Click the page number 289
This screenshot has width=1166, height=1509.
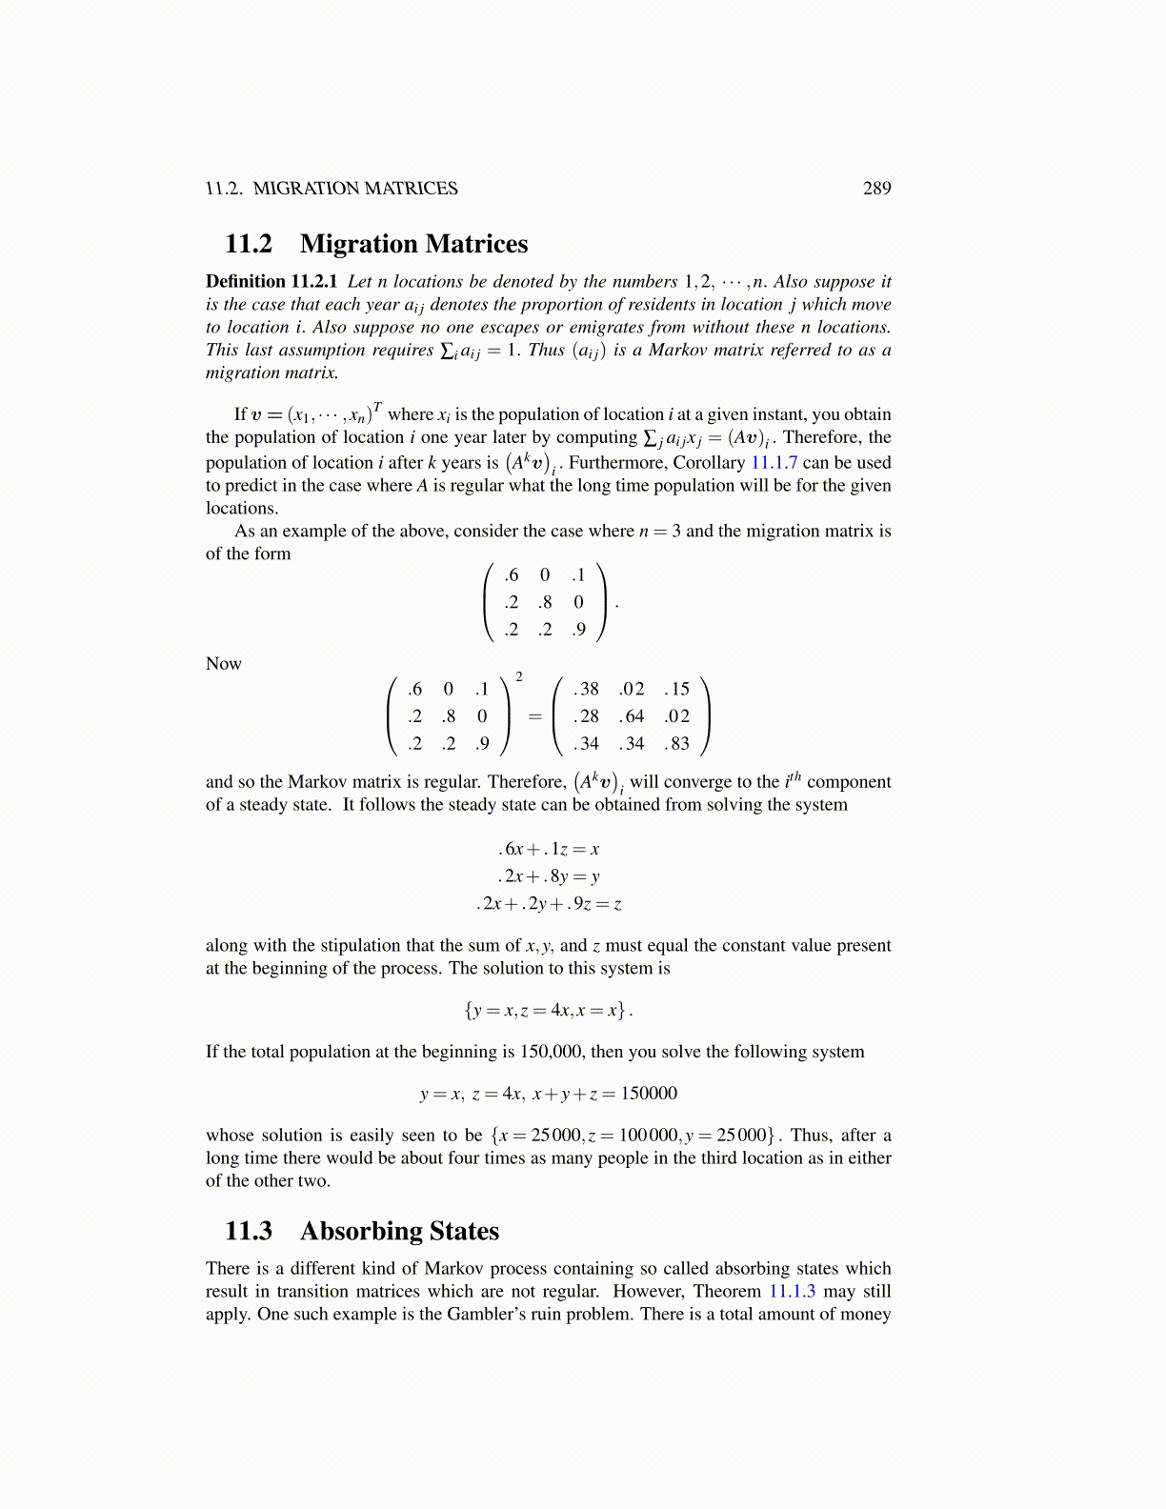876,188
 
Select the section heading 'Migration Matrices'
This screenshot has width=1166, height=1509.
413,244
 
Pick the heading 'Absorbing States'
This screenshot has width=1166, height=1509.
399,1231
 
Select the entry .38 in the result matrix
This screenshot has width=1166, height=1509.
586,689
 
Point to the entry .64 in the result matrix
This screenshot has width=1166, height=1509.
631,715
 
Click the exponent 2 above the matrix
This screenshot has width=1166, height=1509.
518,676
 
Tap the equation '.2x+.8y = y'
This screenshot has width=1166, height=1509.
549,876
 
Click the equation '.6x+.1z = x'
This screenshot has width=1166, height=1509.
549,849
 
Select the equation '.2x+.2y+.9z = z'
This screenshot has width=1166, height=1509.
549,903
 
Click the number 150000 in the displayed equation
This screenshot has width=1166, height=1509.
649,1093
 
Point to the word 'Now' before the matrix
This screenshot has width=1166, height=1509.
224,663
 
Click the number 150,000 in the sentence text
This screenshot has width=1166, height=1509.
553,1052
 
